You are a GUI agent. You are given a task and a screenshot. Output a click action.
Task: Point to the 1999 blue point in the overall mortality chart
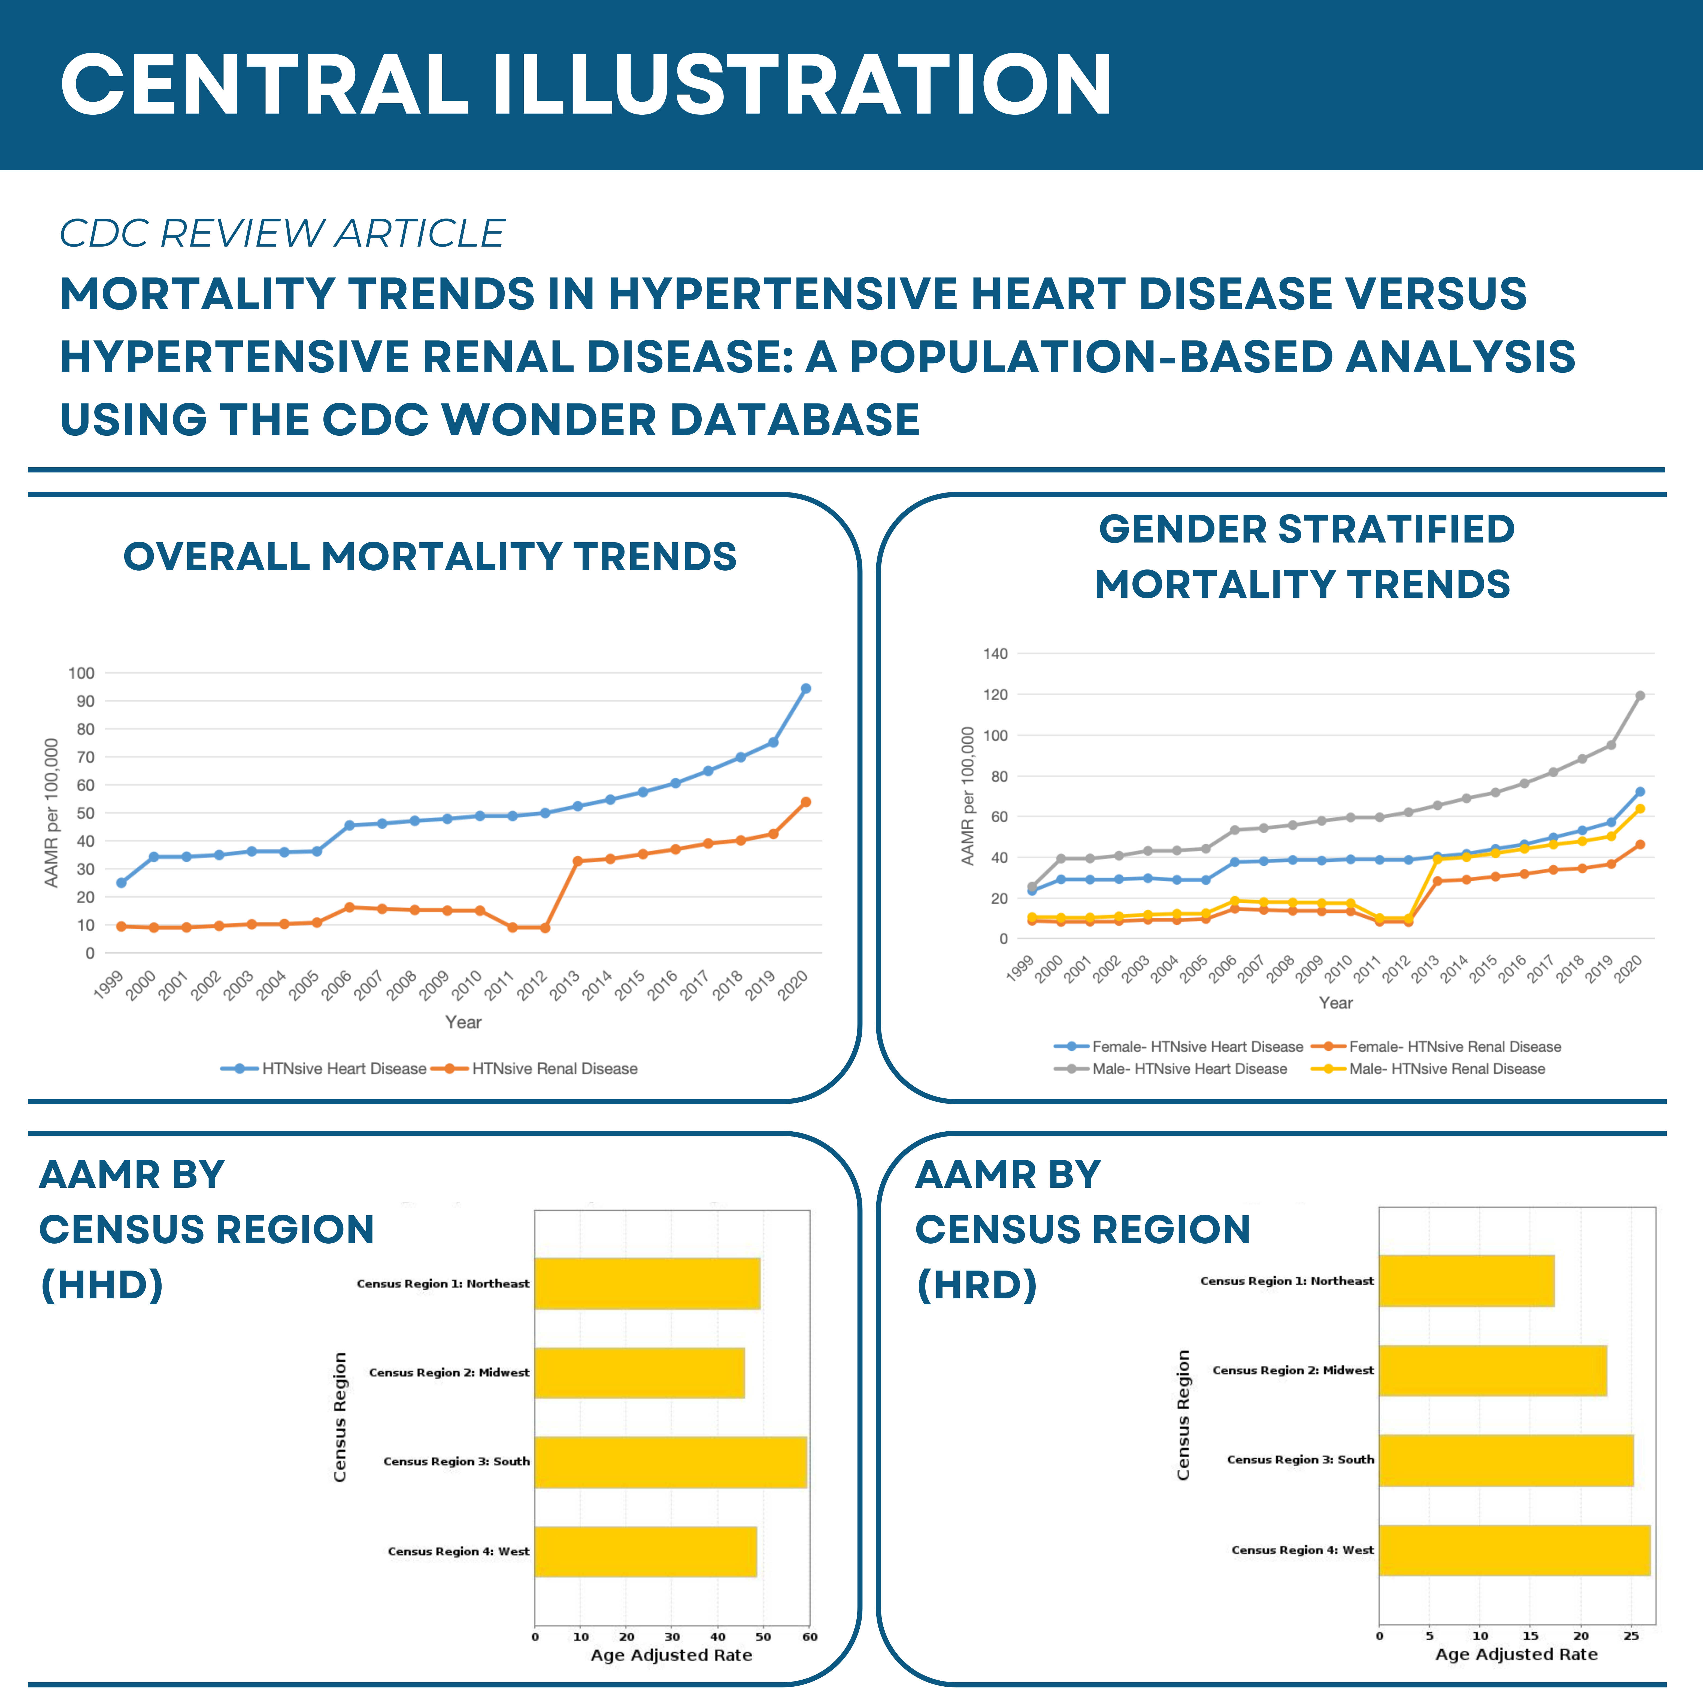click(121, 882)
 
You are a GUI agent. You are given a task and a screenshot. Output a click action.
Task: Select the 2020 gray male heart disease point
click(1640, 695)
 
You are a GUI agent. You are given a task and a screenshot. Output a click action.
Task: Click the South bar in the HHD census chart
click(670, 1462)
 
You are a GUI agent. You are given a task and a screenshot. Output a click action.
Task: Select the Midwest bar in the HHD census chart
click(639, 1372)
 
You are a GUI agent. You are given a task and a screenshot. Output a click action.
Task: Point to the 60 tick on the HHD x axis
click(809, 1637)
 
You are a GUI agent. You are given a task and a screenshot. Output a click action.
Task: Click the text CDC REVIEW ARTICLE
click(282, 234)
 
